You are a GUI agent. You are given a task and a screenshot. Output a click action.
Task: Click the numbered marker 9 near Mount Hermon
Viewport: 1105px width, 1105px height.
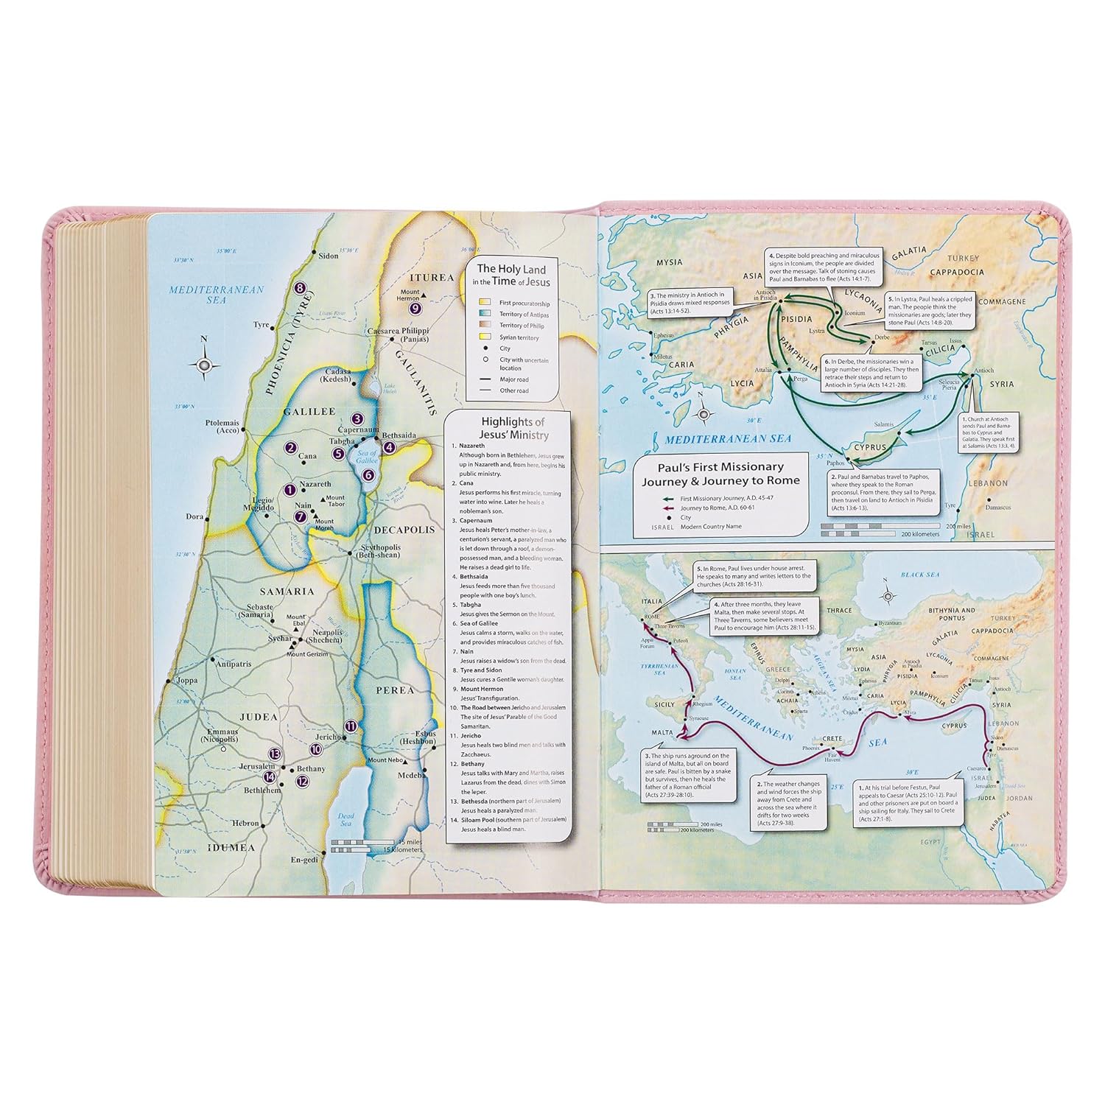tap(415, 309)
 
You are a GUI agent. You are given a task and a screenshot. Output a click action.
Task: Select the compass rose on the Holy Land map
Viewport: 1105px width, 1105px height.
tap(205, 365)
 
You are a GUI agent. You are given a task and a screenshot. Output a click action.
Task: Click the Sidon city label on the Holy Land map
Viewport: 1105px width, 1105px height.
tap(328, 256)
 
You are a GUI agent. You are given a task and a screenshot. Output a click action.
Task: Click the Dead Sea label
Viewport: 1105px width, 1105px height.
tap(345, 821)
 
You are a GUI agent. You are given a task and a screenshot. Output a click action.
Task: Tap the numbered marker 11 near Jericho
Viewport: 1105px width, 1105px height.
tap(351, 726)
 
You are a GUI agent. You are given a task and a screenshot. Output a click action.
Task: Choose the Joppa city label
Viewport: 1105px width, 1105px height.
tap(186, 681)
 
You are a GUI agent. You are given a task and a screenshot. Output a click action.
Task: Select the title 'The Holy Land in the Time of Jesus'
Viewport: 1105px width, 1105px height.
tap(513, 276)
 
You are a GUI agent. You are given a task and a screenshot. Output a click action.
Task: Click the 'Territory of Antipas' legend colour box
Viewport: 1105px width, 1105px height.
tap(484, 315)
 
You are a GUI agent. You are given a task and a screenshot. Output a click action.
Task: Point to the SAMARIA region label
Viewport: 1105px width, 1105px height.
tap(287, 591)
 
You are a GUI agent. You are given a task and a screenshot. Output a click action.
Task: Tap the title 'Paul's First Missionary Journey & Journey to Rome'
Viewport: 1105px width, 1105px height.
tap(720, 474)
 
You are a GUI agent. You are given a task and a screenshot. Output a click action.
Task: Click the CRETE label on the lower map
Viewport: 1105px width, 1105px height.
tap(832, 738)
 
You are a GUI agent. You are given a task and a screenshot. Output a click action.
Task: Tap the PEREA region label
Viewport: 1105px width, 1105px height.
tap(394, 690)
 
